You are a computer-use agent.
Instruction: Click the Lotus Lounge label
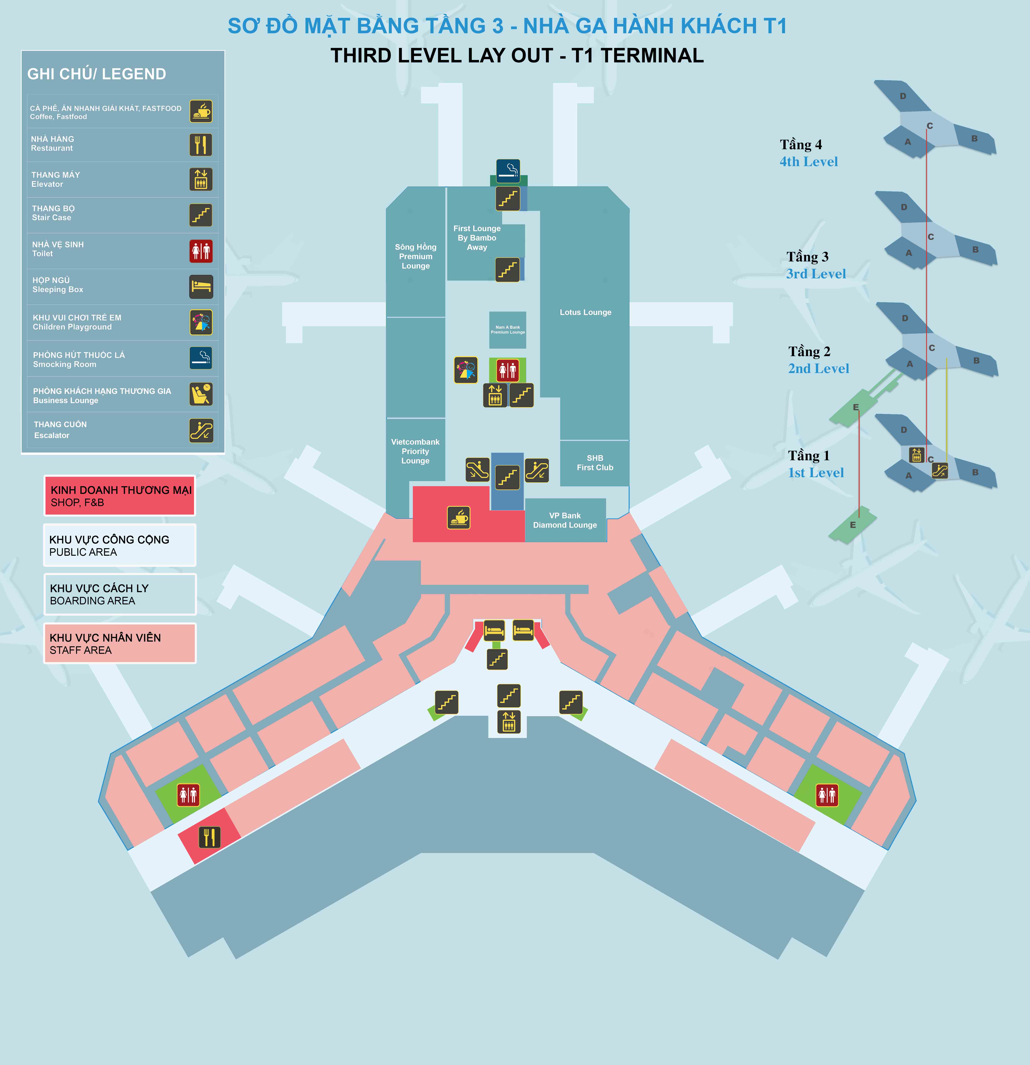[585, 313]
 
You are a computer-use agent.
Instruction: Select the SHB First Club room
[595, 463]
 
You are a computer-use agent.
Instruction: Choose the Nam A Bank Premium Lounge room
[508, 330]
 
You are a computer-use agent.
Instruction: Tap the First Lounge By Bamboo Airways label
[477, 238]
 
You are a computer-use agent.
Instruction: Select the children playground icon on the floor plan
[466, 370]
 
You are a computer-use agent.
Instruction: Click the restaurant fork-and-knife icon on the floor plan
[209, 837]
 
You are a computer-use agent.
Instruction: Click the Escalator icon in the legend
[201, 430]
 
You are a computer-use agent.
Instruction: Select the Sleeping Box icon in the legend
[201, 287]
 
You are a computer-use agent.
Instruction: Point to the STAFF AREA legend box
[120, 643]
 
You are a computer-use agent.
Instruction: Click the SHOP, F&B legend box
[120, 496]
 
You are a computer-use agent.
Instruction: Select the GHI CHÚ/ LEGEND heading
[97, 74]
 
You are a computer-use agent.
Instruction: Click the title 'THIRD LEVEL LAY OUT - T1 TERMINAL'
[517, 55]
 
